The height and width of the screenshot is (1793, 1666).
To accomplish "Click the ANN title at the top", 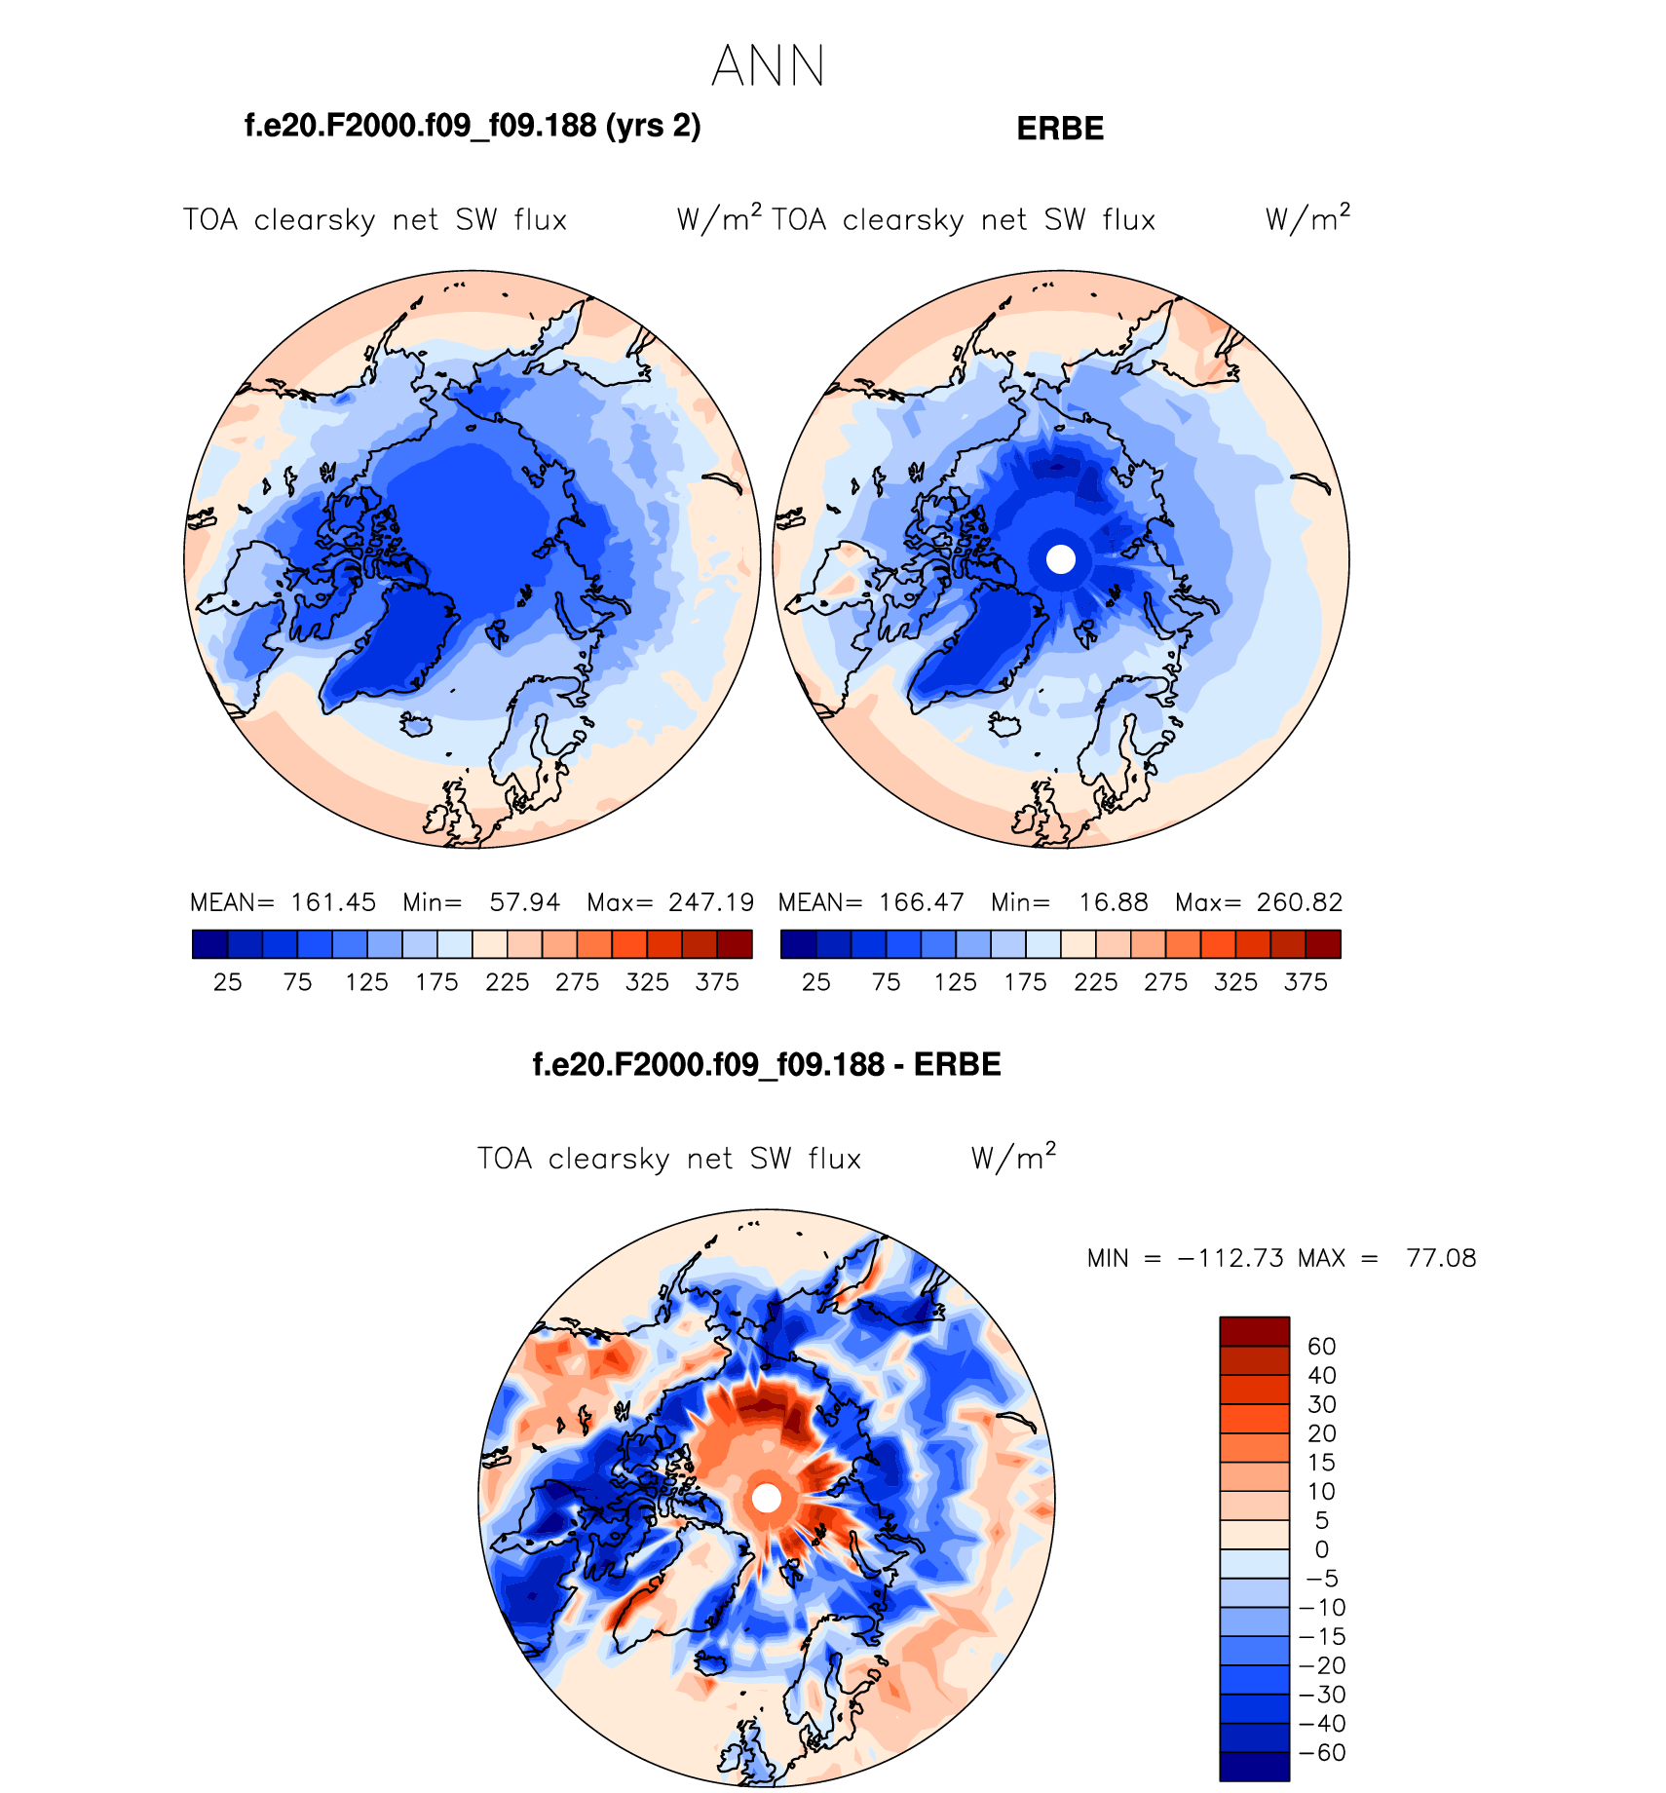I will (x=768, y=67).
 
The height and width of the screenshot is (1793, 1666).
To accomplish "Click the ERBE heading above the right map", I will (x=1060, y=129).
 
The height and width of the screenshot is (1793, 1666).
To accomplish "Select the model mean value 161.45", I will (x=333, y=902).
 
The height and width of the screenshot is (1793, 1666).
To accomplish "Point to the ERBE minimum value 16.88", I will (x=1114, y=902).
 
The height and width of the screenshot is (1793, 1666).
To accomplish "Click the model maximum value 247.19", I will (x=711, y=902).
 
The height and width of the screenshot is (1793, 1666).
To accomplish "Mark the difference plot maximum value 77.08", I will (x=1441, y=1258).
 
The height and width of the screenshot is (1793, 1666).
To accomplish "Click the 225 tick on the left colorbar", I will (x=507, y=982).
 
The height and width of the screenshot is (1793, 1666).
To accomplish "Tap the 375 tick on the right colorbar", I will (x=1306, y=982).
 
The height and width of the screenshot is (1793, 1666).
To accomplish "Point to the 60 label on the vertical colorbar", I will (x=1321, y=1347).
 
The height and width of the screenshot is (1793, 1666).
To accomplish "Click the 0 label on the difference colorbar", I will (x=1321, y=1549).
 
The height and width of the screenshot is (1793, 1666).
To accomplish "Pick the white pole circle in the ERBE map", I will (x=1060, y=559).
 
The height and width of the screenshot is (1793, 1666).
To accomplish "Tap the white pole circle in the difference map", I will (x=767, y=1498).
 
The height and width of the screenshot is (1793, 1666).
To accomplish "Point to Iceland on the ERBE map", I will (x=1003, y=726).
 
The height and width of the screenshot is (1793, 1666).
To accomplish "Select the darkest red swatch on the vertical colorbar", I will (x=1254, y=1331).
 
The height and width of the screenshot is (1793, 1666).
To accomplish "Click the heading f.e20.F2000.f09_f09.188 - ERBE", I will (x=767, y=1064).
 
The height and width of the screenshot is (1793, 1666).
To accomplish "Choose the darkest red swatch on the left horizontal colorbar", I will (x=735, y=944).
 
